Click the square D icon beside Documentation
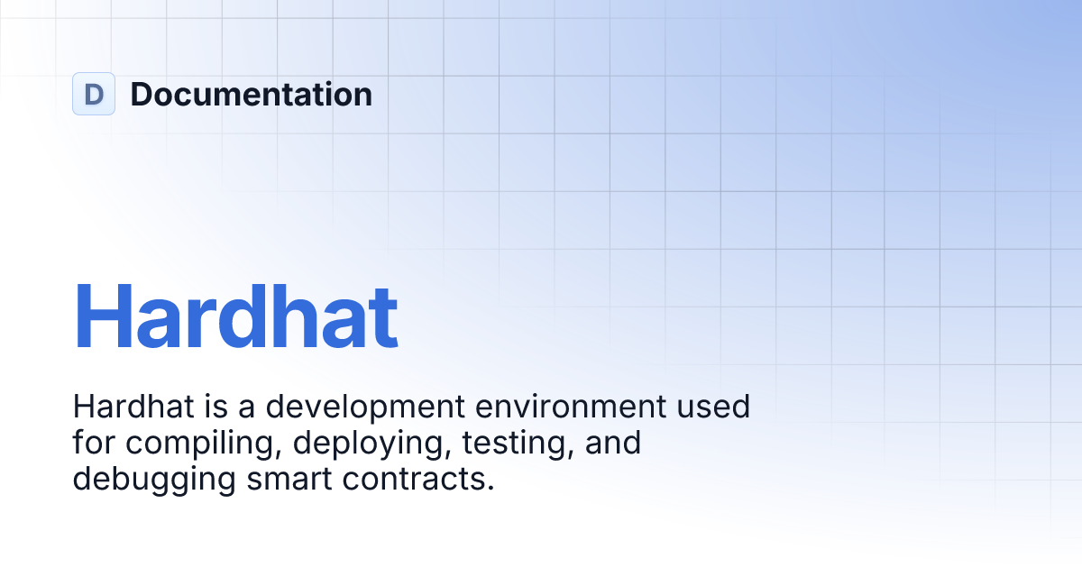point(94,94)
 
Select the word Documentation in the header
point(251,94)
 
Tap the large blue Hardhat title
point(235,316)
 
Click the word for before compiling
point(95,443)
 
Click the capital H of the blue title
point(103,316)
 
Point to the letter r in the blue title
point(205,325)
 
